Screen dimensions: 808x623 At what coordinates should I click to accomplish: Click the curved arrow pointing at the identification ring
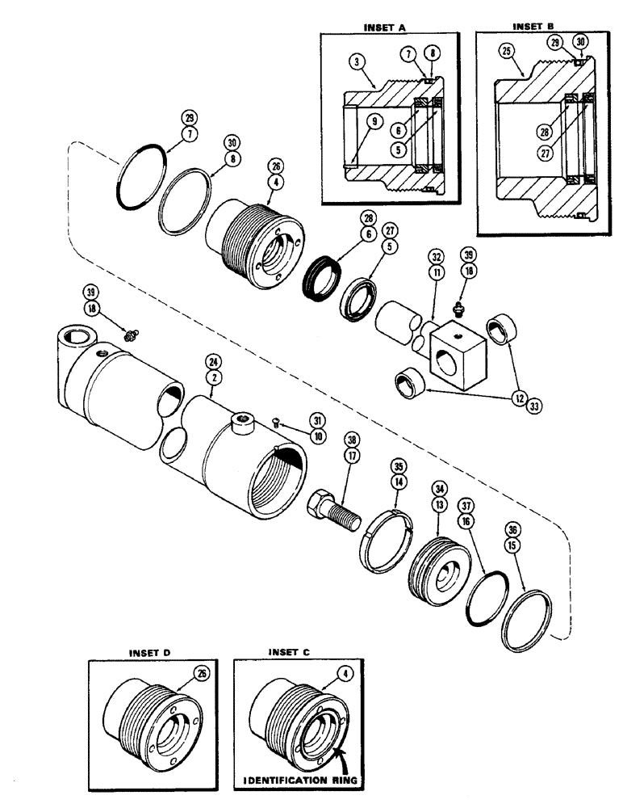coord(345,750)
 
